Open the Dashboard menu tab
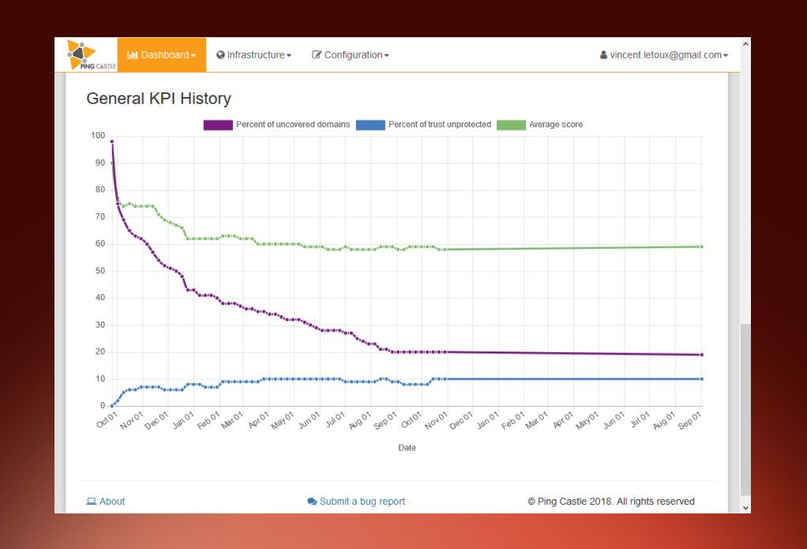pos(162,55)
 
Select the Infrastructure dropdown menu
pos(253,55)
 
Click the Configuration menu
pos(351,55)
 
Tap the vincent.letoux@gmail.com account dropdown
pos(664,55)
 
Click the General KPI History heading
pos(159,99)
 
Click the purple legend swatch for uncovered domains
pos(218,125)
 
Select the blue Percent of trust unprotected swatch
pos(370,125)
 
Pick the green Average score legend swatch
pos(511,125)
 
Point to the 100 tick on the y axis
pos(98,135)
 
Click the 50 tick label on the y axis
pos(99,271)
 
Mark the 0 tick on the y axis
pos(103,406)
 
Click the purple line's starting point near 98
pos(112,141)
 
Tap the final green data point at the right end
pos(701,246)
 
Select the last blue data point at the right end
pos(701,379)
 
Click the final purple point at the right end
pos(701,355)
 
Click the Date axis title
pos(407,448)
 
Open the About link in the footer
pos(106,502)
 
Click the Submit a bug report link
pos(356,502)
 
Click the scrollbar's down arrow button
pos(745,508)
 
